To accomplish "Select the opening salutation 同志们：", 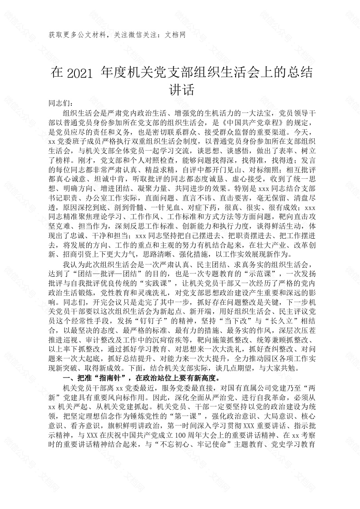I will [61, 103].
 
